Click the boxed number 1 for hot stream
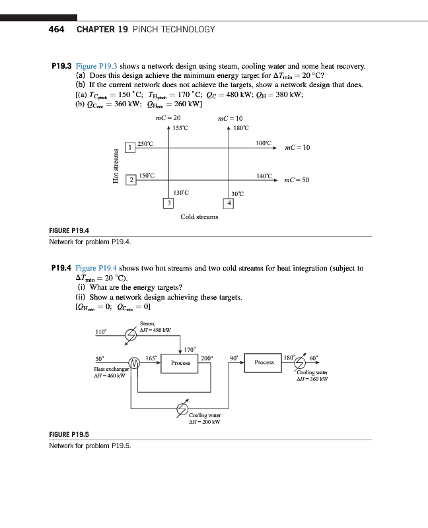pos(131,147)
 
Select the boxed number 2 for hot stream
pos(131,180)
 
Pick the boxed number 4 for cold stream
pos(229,203)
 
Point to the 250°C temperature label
pos(145,143)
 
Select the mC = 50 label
pos(297,180)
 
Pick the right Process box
pos(264,362)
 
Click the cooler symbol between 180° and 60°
pos(301,362)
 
